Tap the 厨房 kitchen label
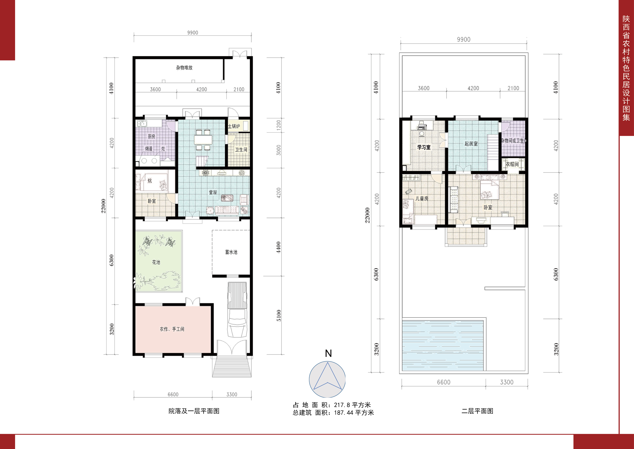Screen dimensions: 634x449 (151, 136)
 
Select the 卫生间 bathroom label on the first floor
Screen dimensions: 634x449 (241, 150)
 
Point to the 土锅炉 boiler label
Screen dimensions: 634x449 (234, 126)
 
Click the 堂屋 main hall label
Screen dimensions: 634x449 (213, 192)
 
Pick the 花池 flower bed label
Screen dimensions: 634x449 (156, 262)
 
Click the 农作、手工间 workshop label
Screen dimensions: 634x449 (172, 329)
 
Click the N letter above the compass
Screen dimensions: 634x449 (328, 353)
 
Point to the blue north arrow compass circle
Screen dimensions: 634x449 (327, 379)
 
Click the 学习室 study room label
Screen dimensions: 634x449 (424, 147)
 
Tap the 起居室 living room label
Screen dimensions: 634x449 (471, 144)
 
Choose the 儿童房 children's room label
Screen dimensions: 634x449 (422, 199)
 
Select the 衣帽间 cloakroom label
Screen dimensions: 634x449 (512, 164)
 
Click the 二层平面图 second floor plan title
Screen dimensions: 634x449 (477, 411)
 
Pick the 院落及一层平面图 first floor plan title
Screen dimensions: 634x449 (194, 411)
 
